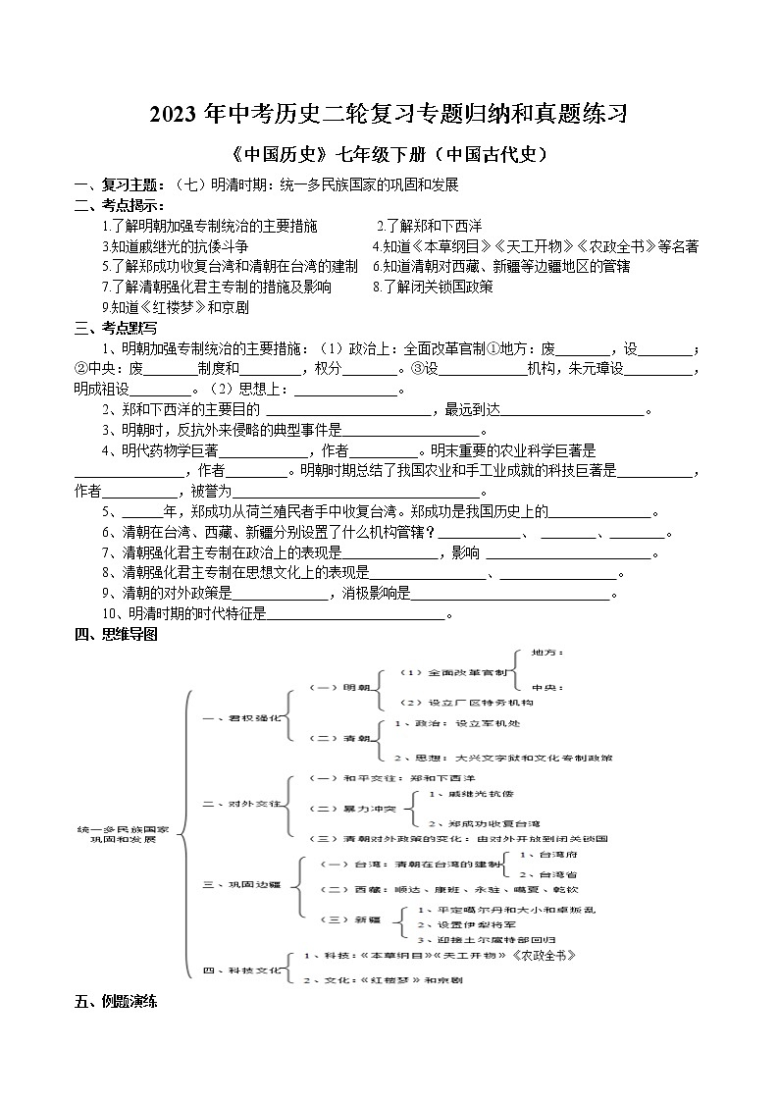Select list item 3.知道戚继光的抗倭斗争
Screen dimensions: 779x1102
coord(176,246)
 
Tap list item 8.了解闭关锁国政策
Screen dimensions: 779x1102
coord(433,287)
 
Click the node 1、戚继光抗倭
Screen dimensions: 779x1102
coord(471,793)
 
